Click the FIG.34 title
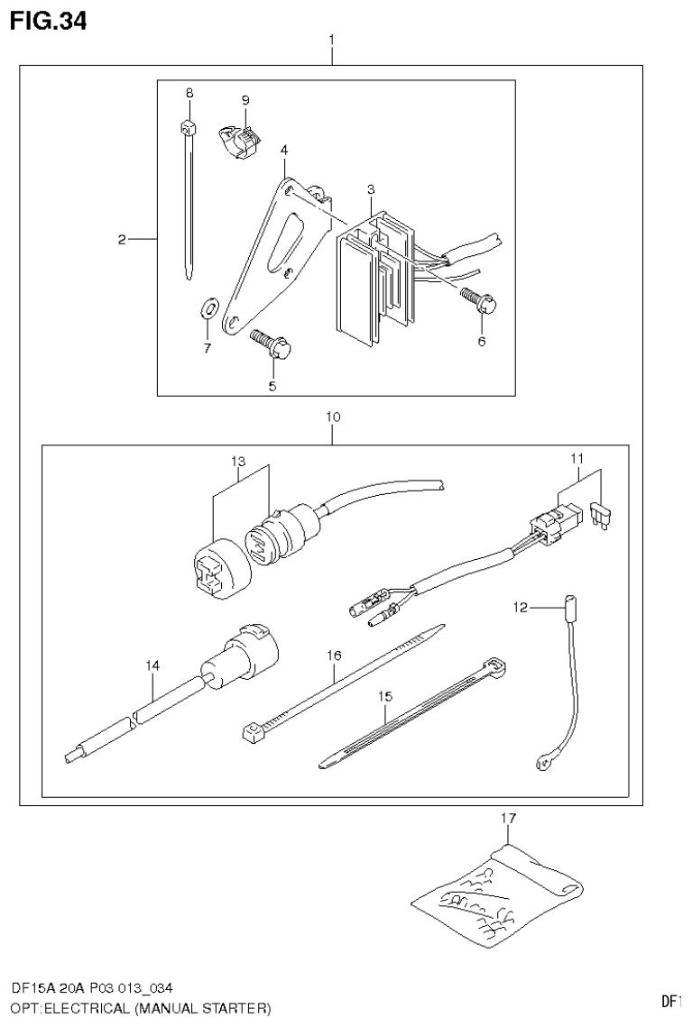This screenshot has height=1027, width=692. click(49, 21)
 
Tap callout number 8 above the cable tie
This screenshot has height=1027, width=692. click(189, 93)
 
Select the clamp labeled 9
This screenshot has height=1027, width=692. click(237, 140)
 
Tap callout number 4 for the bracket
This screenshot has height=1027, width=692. click(283, 149)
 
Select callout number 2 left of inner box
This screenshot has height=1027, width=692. click(121, 240)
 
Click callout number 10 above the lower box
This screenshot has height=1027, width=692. click(333, 417)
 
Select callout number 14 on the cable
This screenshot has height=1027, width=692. click(153, 665)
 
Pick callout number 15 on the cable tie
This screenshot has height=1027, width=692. click(385, 697)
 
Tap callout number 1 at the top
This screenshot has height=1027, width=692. click(332, 40)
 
